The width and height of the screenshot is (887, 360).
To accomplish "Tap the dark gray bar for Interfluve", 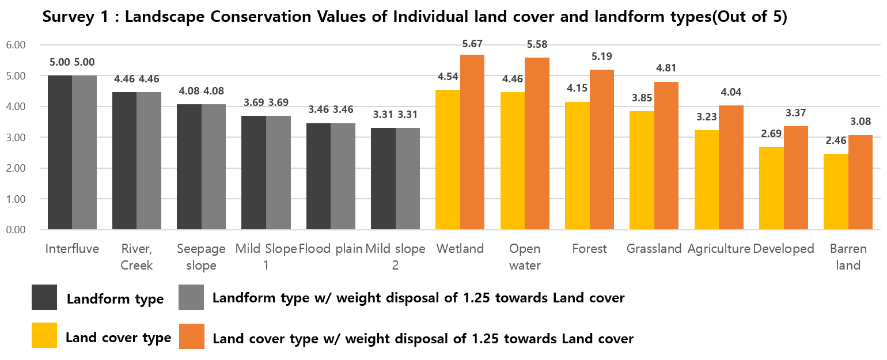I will tap(60, 153).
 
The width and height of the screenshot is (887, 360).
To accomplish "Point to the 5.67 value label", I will tap(472, 44).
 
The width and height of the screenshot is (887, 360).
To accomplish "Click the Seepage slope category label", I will tap(201, 257).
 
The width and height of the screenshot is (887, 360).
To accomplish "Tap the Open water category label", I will tap(525, 257).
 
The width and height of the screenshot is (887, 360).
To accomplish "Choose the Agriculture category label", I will tap(719, 249).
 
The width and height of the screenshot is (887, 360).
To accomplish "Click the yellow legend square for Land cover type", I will tap(44, 335).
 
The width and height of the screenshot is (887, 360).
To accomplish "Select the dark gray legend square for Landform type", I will tap(44, 297).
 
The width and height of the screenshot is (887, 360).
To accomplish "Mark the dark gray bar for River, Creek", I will tap(124, 161).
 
